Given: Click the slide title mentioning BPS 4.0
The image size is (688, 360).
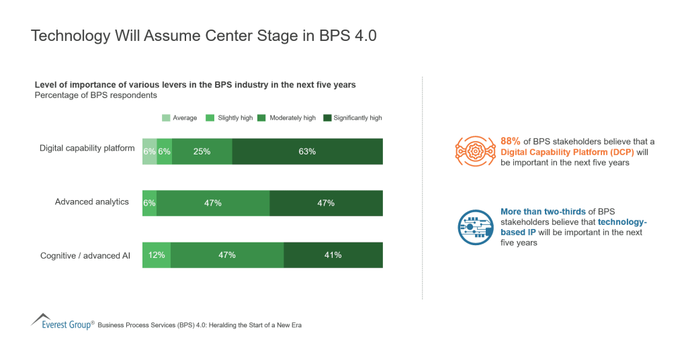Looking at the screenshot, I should point(204,36).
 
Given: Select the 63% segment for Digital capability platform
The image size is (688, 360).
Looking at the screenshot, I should point(307,151).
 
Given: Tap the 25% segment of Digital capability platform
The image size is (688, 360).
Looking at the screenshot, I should point(202,151).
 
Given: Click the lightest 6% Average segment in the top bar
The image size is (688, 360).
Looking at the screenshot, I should point(149,151).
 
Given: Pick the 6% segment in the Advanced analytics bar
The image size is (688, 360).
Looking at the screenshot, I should point(149,203).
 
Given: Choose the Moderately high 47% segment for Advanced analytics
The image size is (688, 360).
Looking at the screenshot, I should point(213,203).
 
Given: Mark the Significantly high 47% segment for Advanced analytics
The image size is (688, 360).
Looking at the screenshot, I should point(326,203).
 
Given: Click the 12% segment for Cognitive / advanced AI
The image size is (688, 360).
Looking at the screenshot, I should point(157,255).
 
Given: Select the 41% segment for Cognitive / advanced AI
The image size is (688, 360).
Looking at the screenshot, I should point(333,255).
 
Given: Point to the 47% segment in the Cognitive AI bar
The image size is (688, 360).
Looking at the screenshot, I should point(227,255).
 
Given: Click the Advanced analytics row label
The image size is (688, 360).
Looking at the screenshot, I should point(91,201).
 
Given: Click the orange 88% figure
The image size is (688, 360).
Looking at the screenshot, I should point(511,141).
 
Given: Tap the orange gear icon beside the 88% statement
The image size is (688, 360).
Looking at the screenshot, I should point(474,152).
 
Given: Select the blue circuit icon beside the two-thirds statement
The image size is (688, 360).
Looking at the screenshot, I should point(474,228).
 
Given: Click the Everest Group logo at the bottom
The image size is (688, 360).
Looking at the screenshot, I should point(61,322).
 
